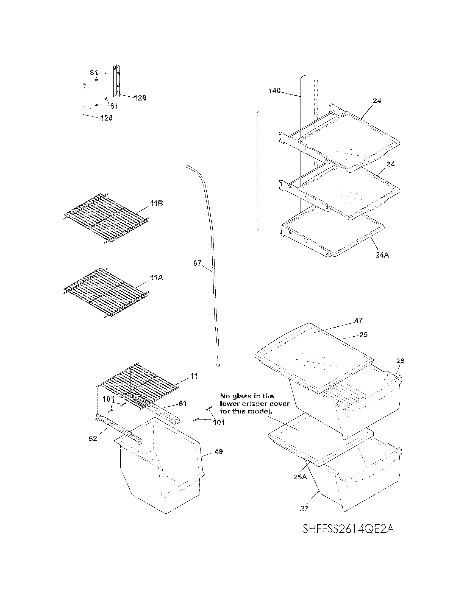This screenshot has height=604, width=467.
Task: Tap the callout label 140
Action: tap(274, 91)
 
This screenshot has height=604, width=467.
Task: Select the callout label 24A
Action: tap(382, 255)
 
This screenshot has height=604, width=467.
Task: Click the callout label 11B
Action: tap(156, 203)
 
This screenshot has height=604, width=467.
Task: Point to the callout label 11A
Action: tap(156, 278)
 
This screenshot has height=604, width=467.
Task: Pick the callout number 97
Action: tap(197, 263)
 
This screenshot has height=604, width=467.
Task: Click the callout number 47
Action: tap(358, 320)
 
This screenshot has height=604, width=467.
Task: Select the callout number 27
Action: tap(304, 508)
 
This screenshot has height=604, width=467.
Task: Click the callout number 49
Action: tap(219, 451)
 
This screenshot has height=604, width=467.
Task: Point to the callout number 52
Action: tap(93, 439)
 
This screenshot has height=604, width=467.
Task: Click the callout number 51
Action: tap(182, 404)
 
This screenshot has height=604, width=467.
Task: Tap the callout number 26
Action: tap(400, 361)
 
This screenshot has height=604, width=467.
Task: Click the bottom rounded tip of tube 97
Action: tap(218, 366)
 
